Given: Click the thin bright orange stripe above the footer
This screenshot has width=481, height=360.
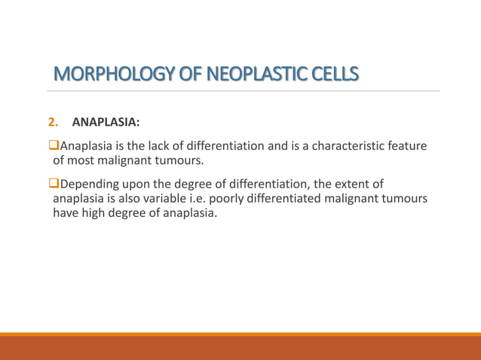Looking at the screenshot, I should pos(240,334).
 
